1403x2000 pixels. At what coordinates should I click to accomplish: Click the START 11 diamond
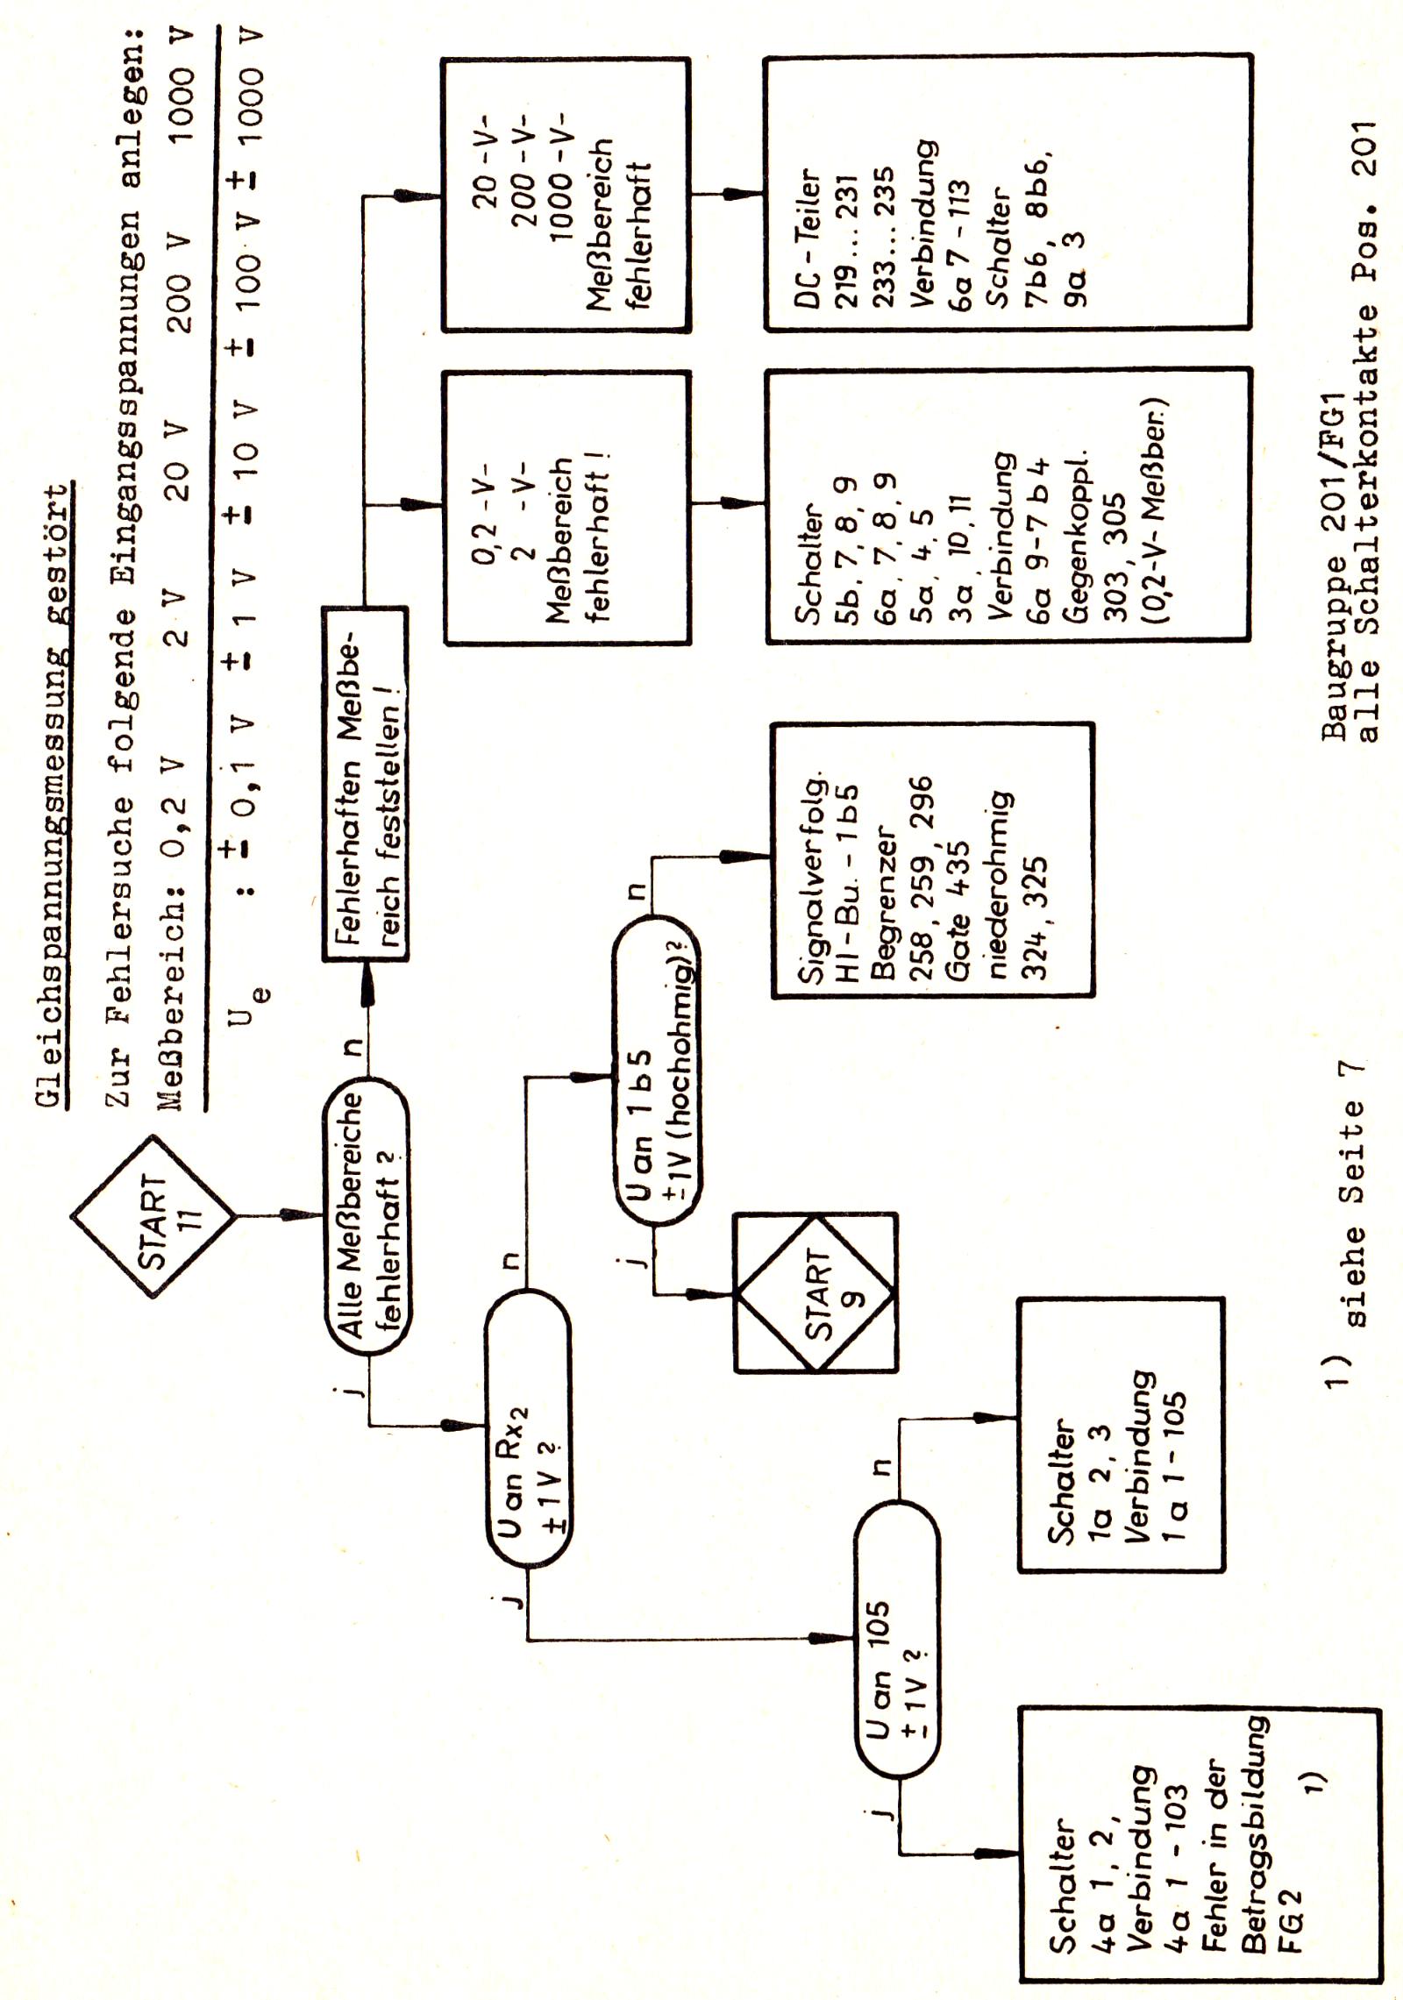(153, 1217)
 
